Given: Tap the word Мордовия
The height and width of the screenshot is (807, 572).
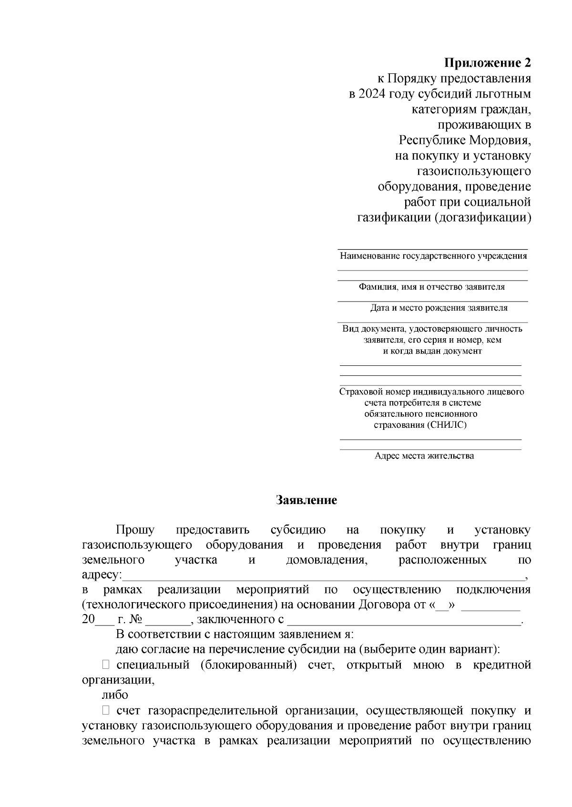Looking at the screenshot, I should pyautogui.click(x=500, y=141).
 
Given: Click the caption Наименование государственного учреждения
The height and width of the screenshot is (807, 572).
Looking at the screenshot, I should pyautogui.click(x=433, y=256).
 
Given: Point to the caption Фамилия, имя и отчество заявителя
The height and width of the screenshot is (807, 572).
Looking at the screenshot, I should pyautogui.click(x=431, y=287).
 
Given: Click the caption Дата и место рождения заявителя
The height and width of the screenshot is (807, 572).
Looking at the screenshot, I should pyautogui.click(x=439, y=308).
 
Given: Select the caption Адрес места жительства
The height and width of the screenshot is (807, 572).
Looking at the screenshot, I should pyautogui.click(x=424, y=456).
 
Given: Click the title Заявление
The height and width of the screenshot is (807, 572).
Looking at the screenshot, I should pyautogui.click(x=306, y=500).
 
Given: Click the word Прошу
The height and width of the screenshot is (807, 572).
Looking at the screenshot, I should pyautogui.click(x=135, y=530).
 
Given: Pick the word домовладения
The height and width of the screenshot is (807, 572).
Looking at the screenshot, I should pyautogui.click(x=327, y=560).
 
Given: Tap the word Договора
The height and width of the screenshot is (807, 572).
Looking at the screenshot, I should pyautogui.click(x=382, y=605).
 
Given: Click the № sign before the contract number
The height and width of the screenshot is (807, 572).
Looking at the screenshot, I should pyautogui.click(x=136, y=620).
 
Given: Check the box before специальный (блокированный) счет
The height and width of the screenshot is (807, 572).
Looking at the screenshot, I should pyautogui.click(x=106, y=665).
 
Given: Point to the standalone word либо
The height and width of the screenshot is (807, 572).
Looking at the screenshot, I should pyautogui.click(x=115, y=695).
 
